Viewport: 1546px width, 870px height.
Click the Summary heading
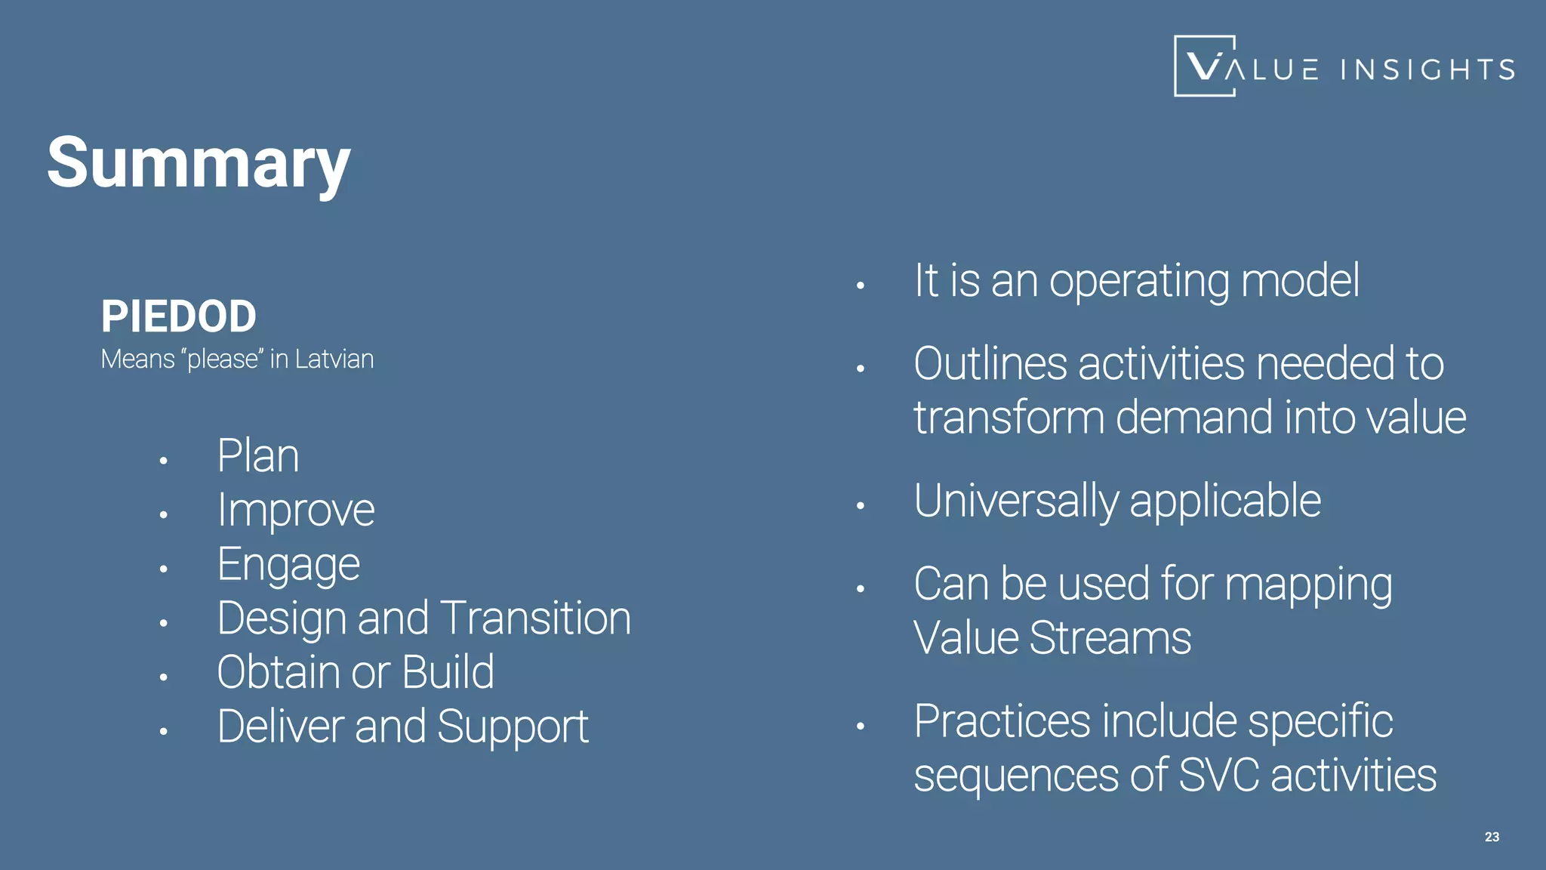pos(199,162)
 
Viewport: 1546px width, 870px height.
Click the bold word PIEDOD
pos(179,316)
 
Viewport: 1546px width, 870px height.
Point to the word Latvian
pos(334,359)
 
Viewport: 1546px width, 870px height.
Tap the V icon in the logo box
pos(1203,66)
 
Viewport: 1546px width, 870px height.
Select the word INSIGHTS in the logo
pos(1427,69)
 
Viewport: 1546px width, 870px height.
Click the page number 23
pos(1492,837)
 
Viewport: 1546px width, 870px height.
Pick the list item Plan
pos(258,456)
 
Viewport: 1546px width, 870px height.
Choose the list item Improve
pos(296,511)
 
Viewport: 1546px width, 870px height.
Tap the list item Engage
pos(288,565)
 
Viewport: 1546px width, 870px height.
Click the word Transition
pos(535,619)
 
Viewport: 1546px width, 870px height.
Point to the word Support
pos(513,727)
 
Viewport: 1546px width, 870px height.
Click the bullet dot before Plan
pos(163,461)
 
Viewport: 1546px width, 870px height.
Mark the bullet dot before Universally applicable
pos(860,506)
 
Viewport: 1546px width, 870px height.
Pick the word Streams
pos(1110,638)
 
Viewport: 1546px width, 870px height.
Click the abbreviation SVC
pos(1218,776)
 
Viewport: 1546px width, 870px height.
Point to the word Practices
pos(1002,721)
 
